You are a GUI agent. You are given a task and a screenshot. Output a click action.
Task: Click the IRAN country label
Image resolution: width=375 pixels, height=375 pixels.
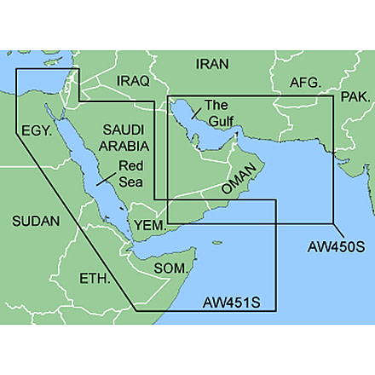coord(212,64)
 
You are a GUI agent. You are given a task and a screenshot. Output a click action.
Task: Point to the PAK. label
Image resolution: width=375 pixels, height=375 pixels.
coord(355,99)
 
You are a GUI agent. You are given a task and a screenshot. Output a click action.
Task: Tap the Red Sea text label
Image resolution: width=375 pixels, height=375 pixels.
coord(130,173)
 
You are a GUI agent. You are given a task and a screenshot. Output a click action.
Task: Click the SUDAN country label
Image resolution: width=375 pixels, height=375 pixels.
coord(36,222)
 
